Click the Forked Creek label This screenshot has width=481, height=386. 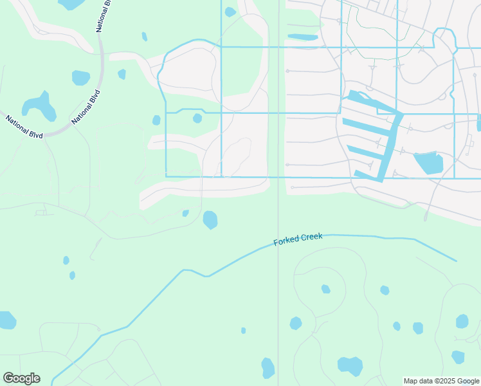(x=298, y=239)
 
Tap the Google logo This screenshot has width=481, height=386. (x=21, y=378)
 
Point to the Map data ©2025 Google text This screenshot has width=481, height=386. (x=441, y=381)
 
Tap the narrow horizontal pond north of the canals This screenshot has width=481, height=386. (x=302, y=37)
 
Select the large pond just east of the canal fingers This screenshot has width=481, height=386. (x=428, y=163)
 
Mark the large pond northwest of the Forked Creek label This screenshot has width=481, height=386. (x=210, y=220)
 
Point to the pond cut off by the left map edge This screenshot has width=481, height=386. (x=6, y=320)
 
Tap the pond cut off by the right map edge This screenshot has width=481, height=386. (x=478, y=122)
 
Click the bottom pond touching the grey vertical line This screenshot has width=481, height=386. (x=268, y=369)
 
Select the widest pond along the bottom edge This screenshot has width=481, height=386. (x=350, y=366)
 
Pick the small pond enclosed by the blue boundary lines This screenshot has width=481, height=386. (x=197, y=118)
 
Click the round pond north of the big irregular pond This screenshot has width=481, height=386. (x=81, y=78)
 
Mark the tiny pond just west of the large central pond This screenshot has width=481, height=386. (x=185, y=213)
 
